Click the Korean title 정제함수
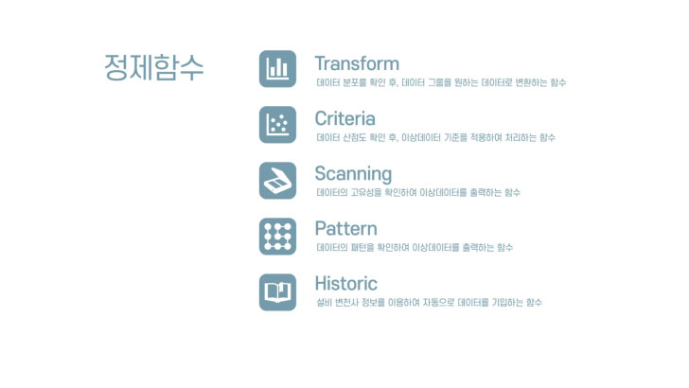point(153,67)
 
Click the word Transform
point(357,63)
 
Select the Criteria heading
point(344,118)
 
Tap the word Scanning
point(353,174)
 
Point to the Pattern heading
point(345,228)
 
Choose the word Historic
point(345,283)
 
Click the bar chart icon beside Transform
point(277,69)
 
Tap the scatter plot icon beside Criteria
point(277,125)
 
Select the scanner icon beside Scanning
point(277,181)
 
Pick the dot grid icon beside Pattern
point(277,237)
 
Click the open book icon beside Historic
point(277,292)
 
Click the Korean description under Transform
point(441,82)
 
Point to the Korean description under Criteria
point(436,137)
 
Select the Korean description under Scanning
point(418,192)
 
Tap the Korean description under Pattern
point(415,247)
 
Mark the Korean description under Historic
point(430,302)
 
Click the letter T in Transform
point(321,63)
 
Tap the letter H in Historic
point(322,283)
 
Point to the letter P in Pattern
point(321,228)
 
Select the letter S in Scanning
point(321,173)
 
